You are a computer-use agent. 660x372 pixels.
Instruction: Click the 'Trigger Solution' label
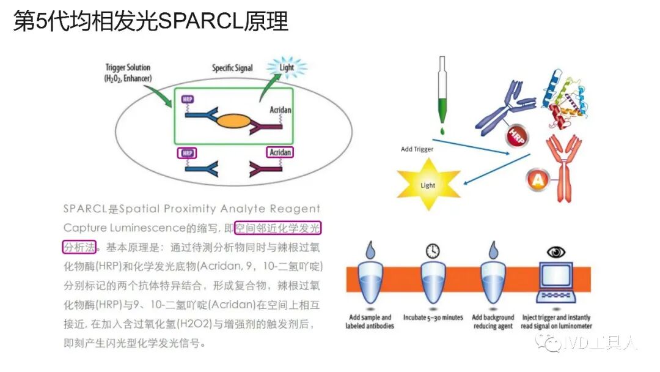click(x=128, y=67)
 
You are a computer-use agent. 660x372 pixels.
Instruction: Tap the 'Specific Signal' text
click(x=232, y=68)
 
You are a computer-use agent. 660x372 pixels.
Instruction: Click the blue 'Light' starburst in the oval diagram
click(x=286, y=68)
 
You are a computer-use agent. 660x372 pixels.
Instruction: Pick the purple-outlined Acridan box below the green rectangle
click(x=279, y=152)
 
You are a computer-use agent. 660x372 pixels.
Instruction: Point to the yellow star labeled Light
click(x=428, y=185)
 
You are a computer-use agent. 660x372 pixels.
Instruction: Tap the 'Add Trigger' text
click(x=416, y=149)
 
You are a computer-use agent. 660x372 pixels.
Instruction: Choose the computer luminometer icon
click(x=557, y=286)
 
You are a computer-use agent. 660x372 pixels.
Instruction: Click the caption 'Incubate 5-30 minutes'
click(x=433, y=318)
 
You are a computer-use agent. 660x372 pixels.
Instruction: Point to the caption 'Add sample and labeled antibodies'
click(x=369, y=321)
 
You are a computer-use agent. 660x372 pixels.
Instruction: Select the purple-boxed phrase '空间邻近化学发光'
click(x=278, y=228)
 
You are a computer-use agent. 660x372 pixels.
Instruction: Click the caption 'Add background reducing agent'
click(x=493, y=321)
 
